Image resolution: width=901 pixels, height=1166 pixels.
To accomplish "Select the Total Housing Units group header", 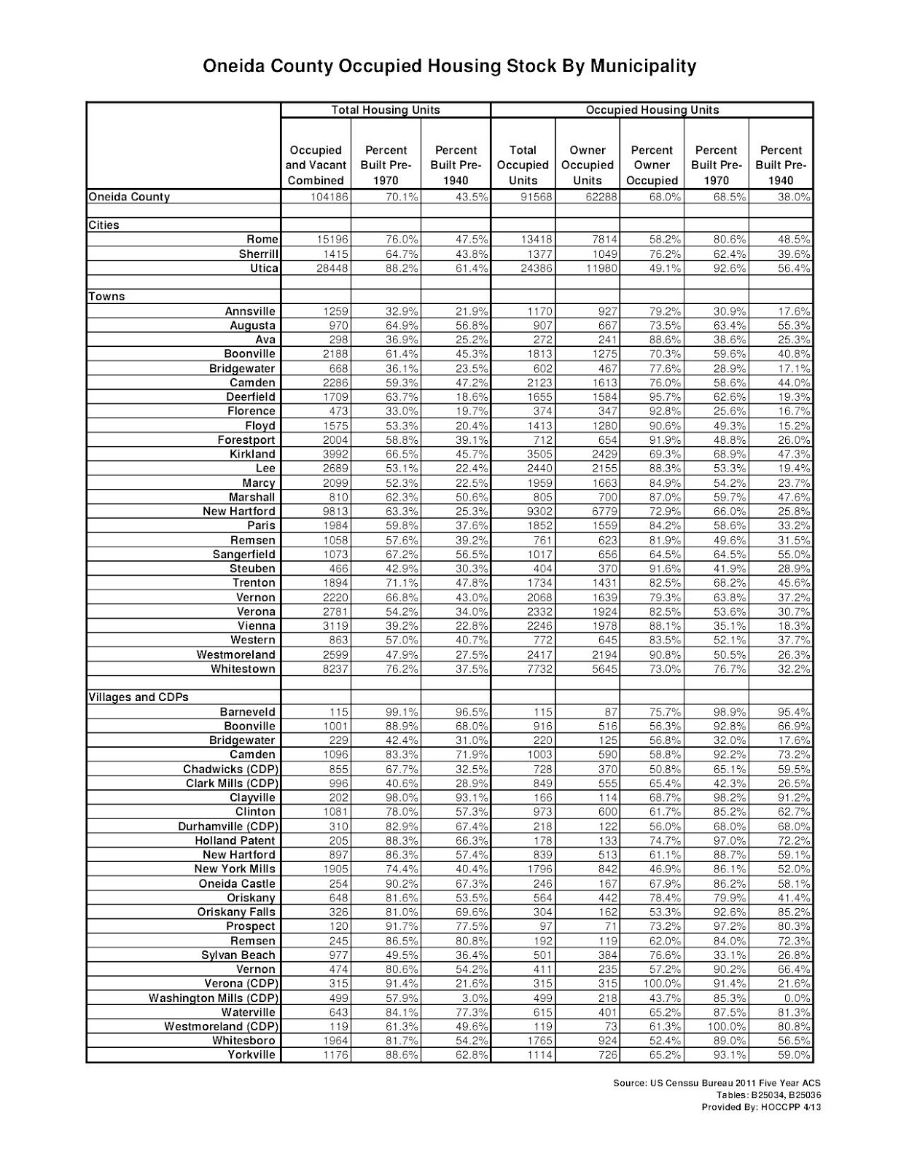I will (x=386, y=110).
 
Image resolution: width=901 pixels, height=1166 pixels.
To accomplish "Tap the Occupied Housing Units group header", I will (x=652, y=110).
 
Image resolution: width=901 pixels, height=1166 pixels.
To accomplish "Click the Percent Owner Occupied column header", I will (x=652, y=165).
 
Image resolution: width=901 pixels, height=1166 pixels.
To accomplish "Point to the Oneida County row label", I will (x=129, y=197).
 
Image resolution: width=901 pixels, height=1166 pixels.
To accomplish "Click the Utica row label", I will (x=264, y=268).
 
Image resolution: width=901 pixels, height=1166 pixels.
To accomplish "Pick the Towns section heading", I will (x=106, y=297).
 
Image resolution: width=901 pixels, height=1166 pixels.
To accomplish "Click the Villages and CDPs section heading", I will (x=139, y=697).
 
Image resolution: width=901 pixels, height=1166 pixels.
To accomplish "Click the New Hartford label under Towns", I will (x=239, y=512).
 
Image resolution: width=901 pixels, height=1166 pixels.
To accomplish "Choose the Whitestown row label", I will (x=243, y=669).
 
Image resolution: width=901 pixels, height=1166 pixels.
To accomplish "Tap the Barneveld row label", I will (x=248, y=712).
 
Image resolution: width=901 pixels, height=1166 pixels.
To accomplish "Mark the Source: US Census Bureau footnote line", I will (x=717, y=1084).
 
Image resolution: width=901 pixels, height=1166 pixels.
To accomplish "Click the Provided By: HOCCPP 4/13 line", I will (x=761, y=1107).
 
